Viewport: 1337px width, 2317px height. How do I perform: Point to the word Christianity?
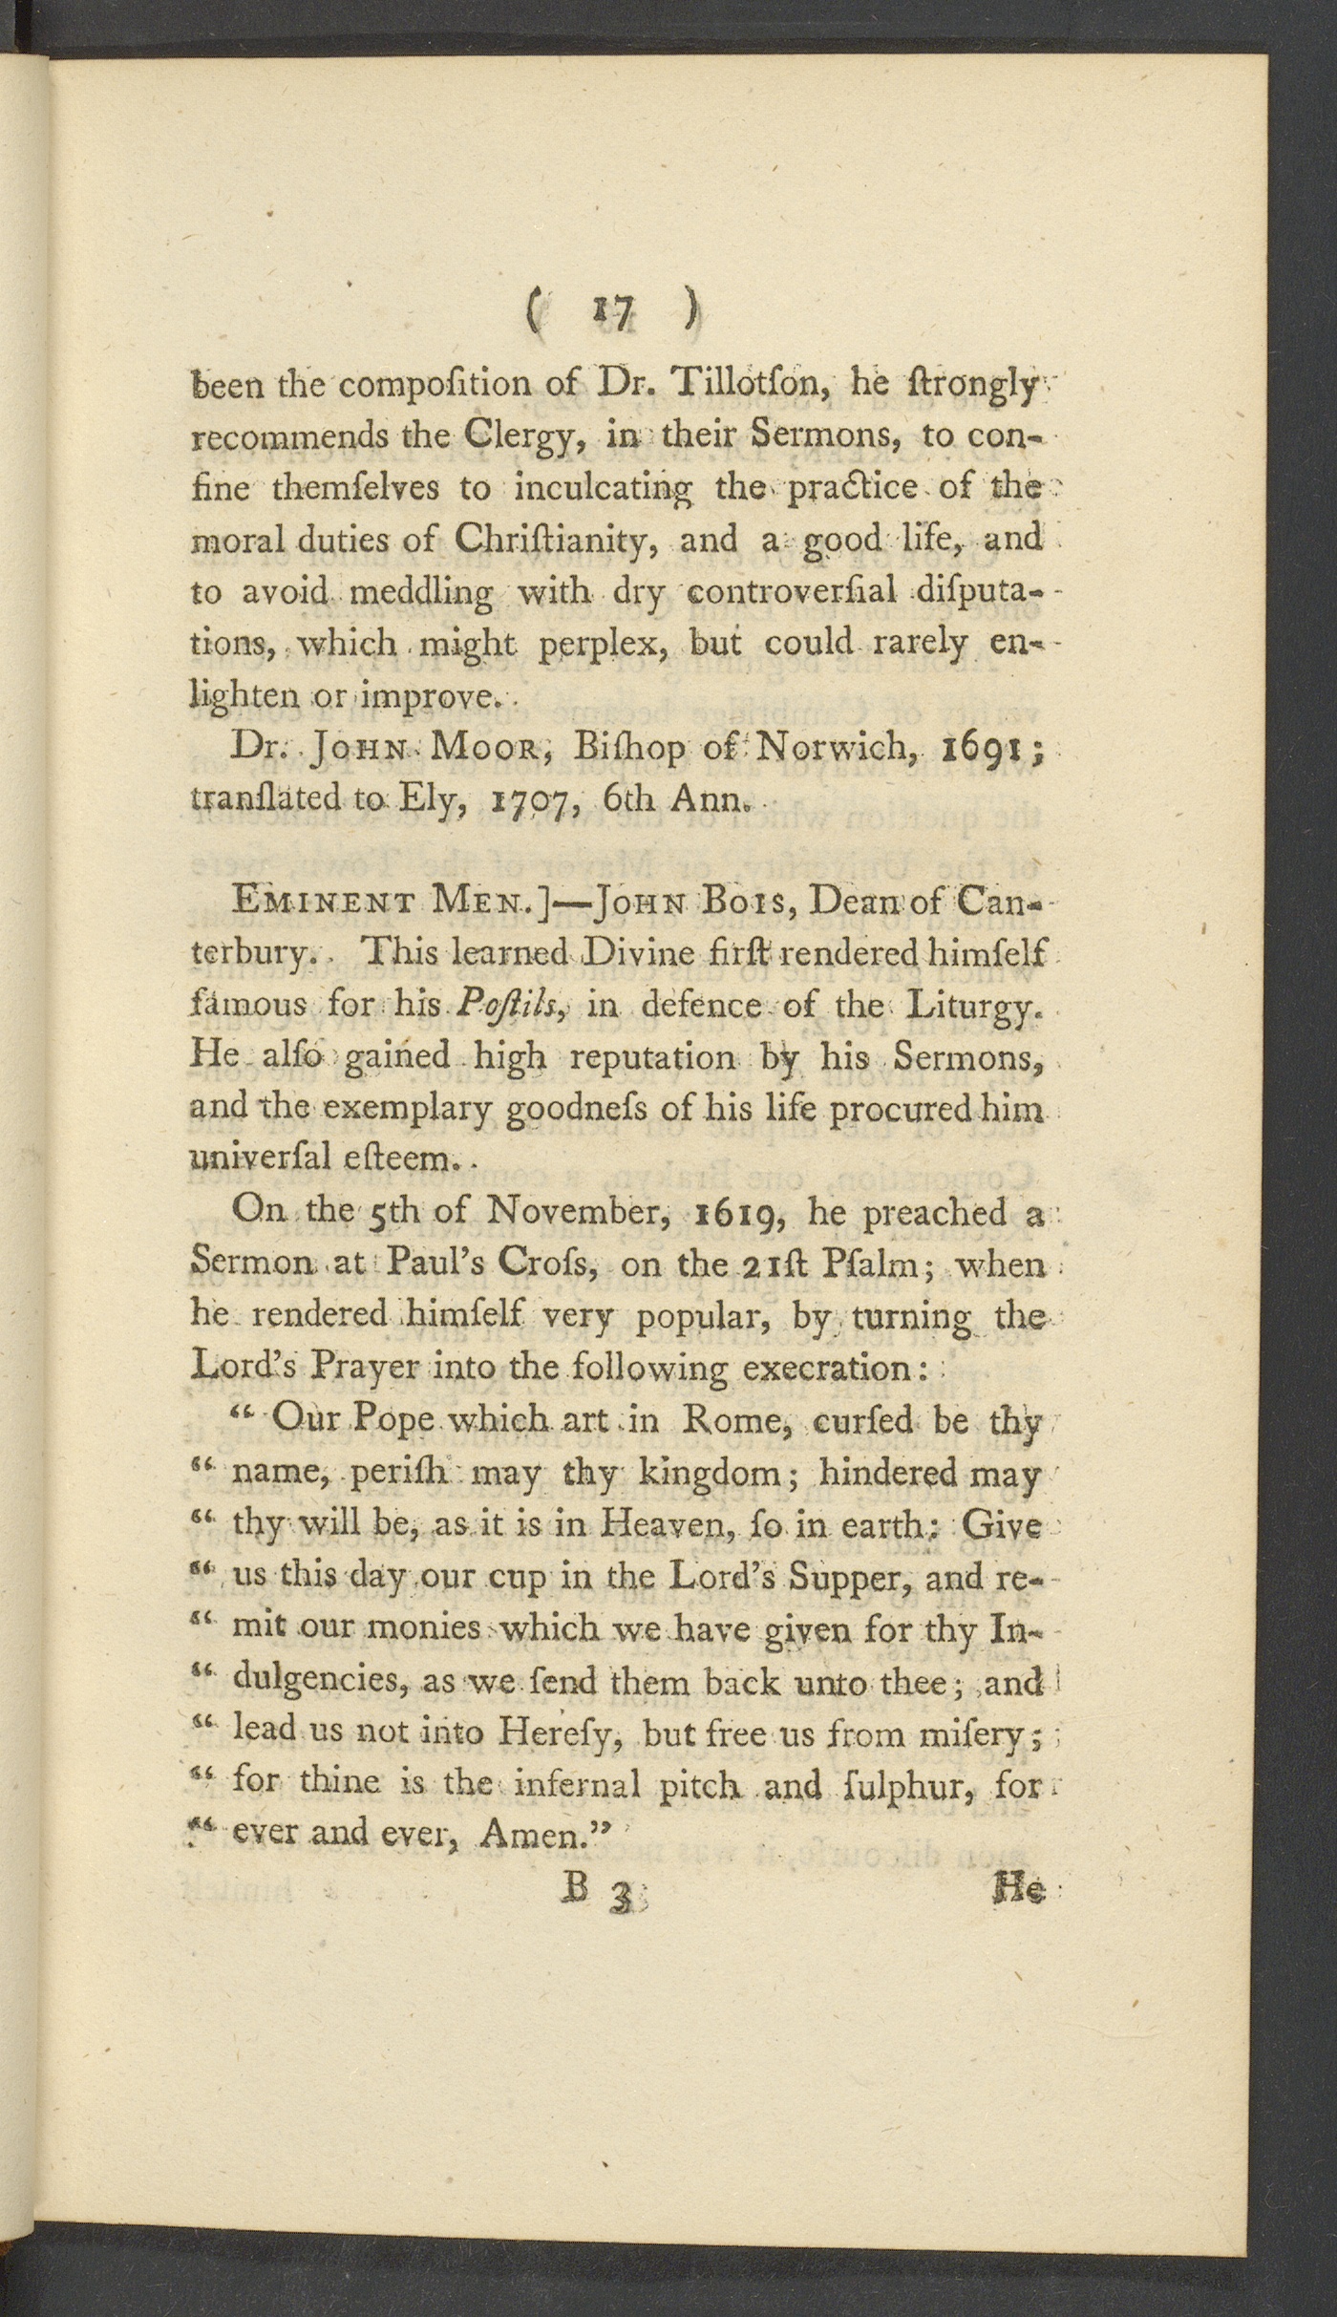pos(553,540)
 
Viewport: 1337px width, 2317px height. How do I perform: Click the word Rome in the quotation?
pos(734,1422)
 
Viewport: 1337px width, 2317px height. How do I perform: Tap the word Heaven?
pos(647,1525)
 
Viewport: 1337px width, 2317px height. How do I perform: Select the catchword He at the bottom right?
pos(1019,1890)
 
